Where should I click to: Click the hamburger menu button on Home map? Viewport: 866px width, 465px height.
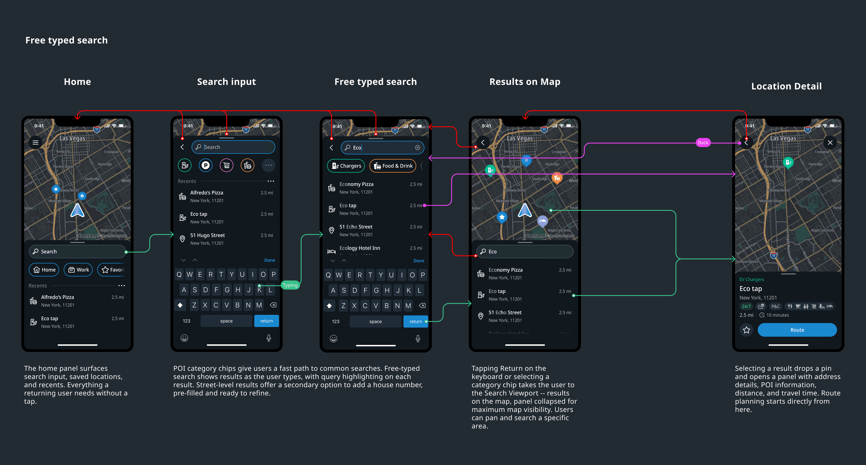pyautogui.click(x=35, y=143)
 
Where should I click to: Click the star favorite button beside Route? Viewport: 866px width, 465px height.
pyautogui.click(x=746, y=330)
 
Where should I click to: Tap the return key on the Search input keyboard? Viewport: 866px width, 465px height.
pyautogui.click(x=266, y=321)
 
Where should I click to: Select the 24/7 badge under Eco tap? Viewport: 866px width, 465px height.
pyautogui.click(x=746, y=306)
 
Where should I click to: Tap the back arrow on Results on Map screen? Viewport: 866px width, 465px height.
pyautogui.click(x=483, y=143)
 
